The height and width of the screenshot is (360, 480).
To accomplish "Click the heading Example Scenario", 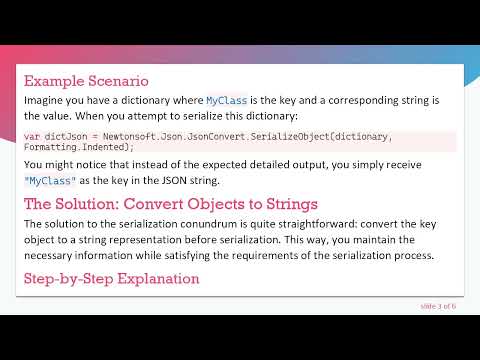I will pyautogui.click(x=86, y=80).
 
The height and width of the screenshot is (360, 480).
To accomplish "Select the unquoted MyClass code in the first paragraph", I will pyautogui.click(x=225, y=101).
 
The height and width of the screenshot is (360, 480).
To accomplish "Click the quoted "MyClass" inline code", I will pyautogui.click(x=46, y=181).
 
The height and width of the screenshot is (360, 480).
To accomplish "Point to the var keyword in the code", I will pyautogui.click(x=32, y=136).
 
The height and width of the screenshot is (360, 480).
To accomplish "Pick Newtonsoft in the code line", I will pyautogui.click(x=131, y=136).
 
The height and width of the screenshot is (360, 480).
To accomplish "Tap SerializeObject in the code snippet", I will pyautogui.click(x=275, y=136).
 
